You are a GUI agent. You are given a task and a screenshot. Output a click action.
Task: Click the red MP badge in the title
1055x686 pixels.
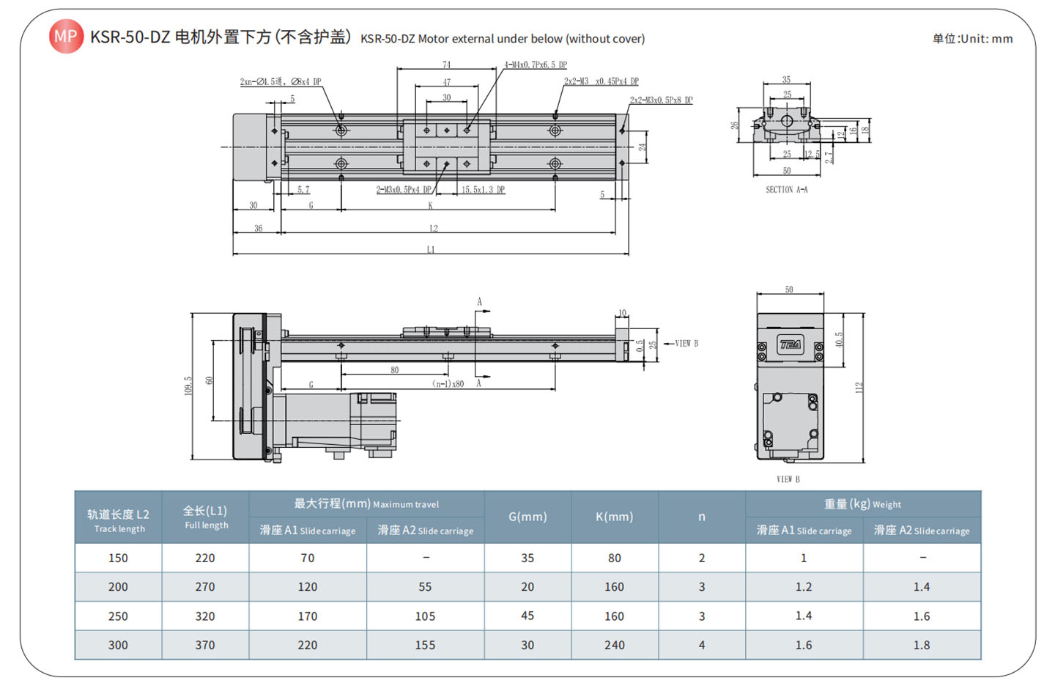(x=66, y=36)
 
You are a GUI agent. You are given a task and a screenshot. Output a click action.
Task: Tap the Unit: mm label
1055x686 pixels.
(x=972, y=39)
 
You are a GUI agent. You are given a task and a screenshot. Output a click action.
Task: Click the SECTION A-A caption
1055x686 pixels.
(x=786, y=190)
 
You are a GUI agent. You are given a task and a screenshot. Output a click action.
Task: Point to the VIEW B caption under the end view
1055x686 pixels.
(x=788, y=479)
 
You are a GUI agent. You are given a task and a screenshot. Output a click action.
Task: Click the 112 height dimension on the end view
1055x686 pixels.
(x=859, y=387)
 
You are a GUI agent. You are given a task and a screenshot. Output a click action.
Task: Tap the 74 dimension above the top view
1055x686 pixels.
(x=447, y=64)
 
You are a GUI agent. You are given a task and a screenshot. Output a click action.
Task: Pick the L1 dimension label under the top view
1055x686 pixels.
(x=431, y=250)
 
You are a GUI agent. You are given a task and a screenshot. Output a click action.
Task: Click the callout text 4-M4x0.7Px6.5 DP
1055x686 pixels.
(x=536, y=64)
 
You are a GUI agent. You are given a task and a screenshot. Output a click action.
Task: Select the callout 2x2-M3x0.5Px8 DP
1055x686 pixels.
(x=661, y=100)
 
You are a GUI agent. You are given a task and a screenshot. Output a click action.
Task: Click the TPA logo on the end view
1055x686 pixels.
(x=790, y=344)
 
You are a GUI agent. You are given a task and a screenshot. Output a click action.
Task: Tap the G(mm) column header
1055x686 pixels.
(x=527, y=517)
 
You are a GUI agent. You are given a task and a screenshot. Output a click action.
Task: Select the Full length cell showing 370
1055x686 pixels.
(x=205, y=645)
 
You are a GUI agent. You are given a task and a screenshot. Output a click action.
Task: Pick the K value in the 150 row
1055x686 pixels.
(x=614, y=558)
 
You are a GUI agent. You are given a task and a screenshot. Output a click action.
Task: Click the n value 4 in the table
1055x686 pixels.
(x=701, y=645)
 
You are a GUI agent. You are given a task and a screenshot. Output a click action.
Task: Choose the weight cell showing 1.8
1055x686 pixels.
(x=921, y=645)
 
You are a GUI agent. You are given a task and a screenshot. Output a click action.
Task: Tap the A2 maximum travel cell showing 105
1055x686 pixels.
(x=425, y=616)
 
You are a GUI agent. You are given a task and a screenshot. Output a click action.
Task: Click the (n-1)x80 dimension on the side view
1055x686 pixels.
(x=448, y=383)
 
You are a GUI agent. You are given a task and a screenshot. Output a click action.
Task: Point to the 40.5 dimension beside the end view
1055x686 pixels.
(x=839, y=339)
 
